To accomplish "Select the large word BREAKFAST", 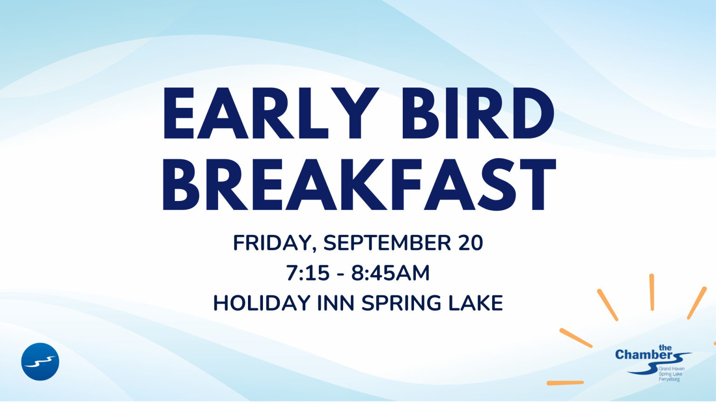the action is coord(360,184).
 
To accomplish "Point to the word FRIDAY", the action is coord(274,243).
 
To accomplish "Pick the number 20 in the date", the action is coord(470,243).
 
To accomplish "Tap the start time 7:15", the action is coord(308,273).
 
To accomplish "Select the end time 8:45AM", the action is coord(390,273).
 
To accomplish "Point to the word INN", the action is coord(336,303).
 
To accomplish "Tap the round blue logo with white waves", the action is coord(40,362).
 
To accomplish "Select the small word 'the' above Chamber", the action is coord(665,348).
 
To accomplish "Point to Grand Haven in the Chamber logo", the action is coord(672,369).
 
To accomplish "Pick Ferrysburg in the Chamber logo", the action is coord(669,379).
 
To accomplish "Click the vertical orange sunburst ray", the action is coord(652,292).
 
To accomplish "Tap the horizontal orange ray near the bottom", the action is coord(565,383).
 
